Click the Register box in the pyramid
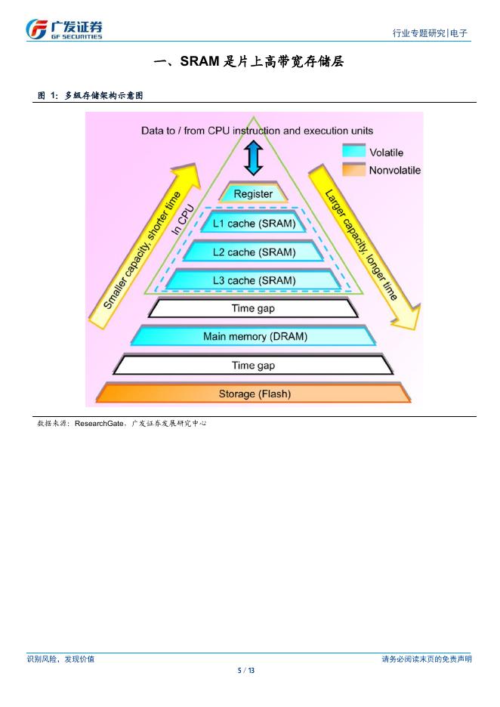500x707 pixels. tap(253, 194)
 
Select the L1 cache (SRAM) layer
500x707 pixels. tap(253, 224)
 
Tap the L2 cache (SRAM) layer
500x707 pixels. tap(253, 252)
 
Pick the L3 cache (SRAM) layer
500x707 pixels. tap(253, 280)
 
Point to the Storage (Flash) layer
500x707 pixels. tap(255, 394)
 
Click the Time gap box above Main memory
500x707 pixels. tap(253, 308)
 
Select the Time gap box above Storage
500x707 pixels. tap(253, 366)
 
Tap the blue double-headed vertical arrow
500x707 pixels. tap(254, 159)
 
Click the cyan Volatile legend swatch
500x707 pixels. tap(353, 151)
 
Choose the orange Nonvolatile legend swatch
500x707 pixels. tap(353, 169)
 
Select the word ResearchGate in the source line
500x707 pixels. tap(100, 424)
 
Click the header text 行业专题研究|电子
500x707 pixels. tap(430, 33)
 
